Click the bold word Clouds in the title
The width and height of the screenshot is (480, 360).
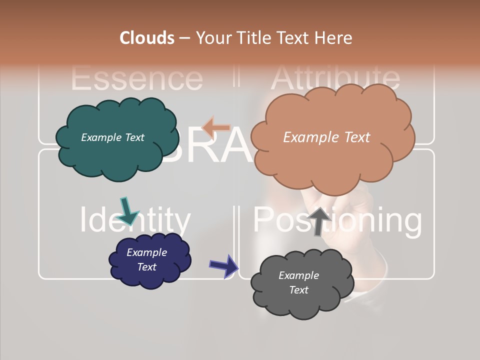coord(147,38)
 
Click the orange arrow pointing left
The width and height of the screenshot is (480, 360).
coord(216,127)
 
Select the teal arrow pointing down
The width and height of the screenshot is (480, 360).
coord(128,210)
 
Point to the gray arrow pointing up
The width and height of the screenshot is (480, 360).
coord(319,221)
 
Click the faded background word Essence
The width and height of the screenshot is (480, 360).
coord(137,78)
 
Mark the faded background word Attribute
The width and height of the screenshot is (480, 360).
coord(335,77)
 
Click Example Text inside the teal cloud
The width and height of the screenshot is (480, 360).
coord(112,137)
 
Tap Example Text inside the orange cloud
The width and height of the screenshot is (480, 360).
coord(326,137)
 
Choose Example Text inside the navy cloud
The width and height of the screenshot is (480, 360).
coord(146,259)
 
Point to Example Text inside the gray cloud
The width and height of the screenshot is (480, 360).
coord(298,282)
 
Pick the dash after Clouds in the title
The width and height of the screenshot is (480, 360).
coord(184,38)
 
